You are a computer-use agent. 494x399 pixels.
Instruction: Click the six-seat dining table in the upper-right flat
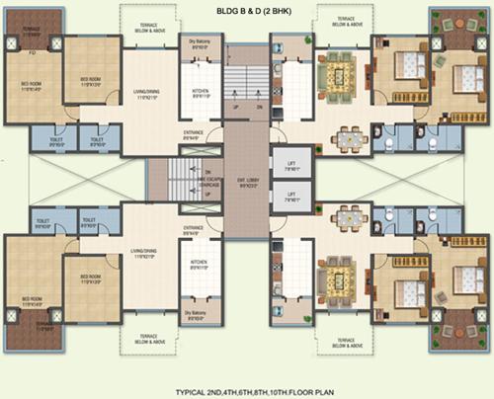(347, 138)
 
